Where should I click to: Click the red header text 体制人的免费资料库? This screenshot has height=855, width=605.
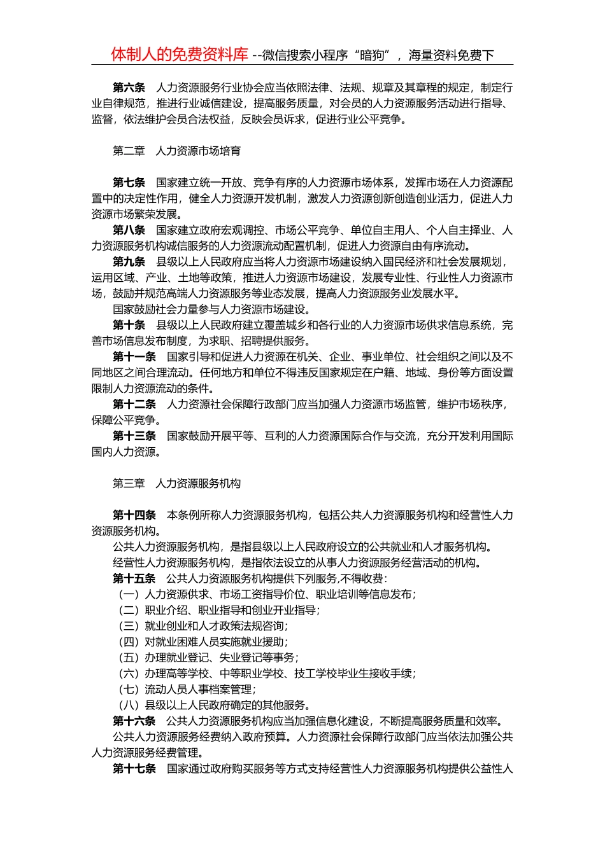[x=180, y=55]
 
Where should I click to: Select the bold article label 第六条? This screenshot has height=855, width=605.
[x=129, y=88]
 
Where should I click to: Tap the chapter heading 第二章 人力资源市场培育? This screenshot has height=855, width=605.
[x=176, y=151]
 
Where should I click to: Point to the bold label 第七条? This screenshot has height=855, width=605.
[x=129, y=183]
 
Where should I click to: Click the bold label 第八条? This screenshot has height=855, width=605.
[x=129, y=230]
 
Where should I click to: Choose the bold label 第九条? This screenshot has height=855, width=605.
[x=129, y=262]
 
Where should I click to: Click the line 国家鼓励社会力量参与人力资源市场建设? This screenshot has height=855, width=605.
[x=211, y=309]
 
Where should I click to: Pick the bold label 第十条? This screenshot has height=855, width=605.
[x=129, y=325]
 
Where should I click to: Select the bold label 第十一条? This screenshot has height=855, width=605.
[x=134, y=357]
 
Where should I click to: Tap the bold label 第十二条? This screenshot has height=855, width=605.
[x=134, y=405]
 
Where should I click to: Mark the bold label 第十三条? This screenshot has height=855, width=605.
[x=134, y=436]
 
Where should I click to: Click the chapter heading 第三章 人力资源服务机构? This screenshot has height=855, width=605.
[x=176, y=483]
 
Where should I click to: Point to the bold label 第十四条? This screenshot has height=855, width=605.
[x=134, y=515]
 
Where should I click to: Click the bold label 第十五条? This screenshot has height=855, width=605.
[x=134, y=578]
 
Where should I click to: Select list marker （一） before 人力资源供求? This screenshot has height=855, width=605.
[x=129, y=594]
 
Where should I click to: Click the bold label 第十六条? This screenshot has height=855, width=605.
[x=134, y=721]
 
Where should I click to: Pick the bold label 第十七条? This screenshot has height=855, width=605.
[x=134, y=768]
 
